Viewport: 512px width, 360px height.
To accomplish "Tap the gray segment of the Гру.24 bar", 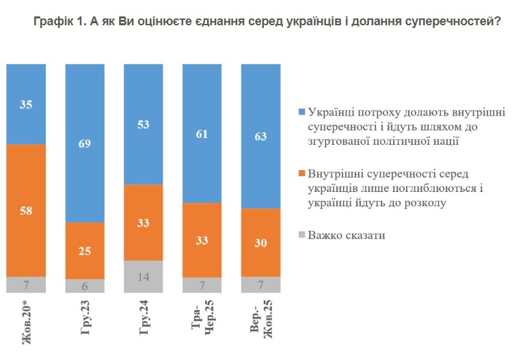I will coord(144,277).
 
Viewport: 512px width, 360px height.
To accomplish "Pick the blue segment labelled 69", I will coord(85,143).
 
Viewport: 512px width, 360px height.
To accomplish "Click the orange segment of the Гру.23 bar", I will coord(85,251).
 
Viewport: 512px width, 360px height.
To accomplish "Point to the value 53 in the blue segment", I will coord(144,124).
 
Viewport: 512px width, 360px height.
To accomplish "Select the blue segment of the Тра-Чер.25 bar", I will coord(202,133).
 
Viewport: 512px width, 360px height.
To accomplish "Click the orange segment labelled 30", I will coord(261,243).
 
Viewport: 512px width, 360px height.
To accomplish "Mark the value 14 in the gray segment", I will coord(144,277).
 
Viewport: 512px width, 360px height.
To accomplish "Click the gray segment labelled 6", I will coord(85,287).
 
